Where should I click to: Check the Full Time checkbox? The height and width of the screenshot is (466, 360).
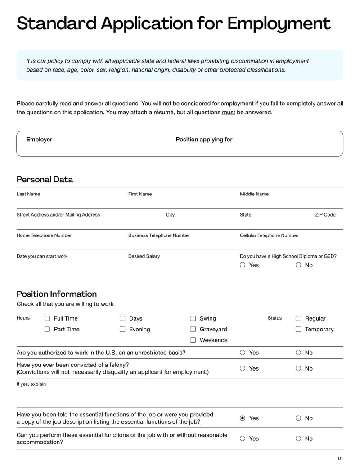(47, 318)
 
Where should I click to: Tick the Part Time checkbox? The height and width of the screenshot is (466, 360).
(47, 329)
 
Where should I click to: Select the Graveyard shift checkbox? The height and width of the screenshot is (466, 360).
(193, 329)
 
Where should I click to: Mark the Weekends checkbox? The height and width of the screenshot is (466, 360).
(193, 340)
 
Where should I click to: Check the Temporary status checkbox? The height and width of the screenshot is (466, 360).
(298, 329)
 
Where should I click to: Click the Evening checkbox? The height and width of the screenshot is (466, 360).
(122, 329)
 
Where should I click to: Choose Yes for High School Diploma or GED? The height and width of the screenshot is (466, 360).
(243, 265)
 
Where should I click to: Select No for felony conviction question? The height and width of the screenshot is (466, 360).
(298, 368)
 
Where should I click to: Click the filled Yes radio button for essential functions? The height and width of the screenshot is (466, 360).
(243, 418)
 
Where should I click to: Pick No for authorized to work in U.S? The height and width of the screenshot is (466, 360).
(298, 353)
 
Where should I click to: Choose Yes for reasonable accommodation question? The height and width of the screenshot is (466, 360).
(243, 439)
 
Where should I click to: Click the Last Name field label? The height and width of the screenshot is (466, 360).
(28, 194)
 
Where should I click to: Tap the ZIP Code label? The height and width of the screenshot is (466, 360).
(325, 215)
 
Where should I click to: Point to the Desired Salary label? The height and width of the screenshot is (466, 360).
(144, 256)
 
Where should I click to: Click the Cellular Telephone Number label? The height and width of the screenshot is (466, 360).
(269, 235)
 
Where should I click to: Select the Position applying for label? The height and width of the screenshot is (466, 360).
(204, 140)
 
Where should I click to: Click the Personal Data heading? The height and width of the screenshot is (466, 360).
(45, 179)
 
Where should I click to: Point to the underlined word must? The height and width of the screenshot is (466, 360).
(229, 113)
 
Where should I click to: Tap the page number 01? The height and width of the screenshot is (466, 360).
(340, 458)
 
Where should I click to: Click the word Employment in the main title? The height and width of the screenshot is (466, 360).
(279, 23)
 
